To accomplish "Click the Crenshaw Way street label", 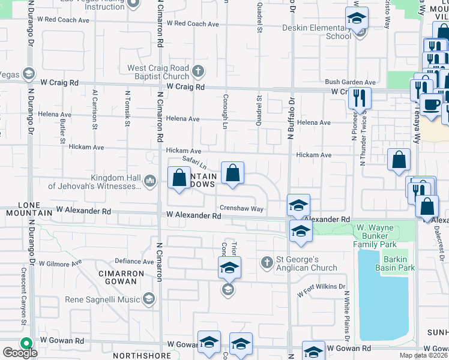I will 241,209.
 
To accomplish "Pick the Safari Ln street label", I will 194,163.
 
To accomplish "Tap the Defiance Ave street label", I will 134,261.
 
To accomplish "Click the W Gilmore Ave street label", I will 60,263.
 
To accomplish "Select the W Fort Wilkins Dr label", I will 322,290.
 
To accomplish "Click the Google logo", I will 20,353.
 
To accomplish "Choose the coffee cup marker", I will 431,104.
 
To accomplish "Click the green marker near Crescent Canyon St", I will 25,343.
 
